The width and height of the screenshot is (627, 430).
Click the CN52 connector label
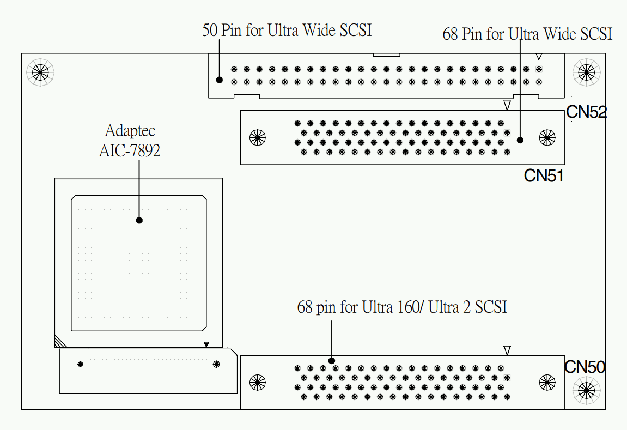[586, 112]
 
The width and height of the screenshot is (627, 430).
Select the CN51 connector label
[543, 175]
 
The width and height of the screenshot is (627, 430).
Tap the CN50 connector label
[585, 367]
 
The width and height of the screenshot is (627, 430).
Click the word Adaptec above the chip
[130, 131]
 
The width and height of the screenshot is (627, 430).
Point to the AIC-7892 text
[130, 150]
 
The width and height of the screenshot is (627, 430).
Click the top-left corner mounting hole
[40, 71]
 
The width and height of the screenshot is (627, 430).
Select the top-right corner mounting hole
[586, 71]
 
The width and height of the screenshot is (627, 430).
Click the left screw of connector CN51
[257, 137]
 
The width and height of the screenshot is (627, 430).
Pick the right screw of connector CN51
[546, 137]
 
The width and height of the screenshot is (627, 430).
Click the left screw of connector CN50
[257, 382]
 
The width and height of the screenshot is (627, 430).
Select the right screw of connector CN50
[546, 382]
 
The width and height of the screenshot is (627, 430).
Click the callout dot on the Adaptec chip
[139, 220]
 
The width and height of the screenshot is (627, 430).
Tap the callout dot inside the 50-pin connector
[220, 80]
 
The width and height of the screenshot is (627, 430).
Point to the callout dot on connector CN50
[331, 361]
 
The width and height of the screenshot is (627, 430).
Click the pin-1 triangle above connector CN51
[507, 105]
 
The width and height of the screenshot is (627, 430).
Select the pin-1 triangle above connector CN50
[507, 350]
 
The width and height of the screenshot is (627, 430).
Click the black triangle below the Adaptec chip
[206, 344]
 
